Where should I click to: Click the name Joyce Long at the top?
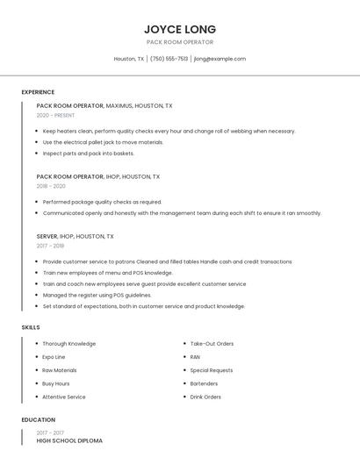180,29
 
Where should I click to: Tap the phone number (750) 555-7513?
169,59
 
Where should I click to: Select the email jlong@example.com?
220,59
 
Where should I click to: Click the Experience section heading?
38,92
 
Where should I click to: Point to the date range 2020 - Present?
55,115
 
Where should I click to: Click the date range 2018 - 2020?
51,186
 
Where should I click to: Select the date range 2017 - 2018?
51,246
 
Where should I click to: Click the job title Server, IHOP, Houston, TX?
75,236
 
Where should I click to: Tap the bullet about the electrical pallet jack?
103,142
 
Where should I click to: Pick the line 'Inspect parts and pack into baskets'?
88,153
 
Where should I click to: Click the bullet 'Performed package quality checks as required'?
102,202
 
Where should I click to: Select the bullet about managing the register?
97,296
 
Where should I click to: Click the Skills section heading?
31,327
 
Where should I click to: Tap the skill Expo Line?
54,357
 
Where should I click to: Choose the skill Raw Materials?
59,370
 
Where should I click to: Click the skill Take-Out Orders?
212,344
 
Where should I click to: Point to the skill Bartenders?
205,383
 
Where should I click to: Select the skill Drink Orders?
205,397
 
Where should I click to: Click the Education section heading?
38,419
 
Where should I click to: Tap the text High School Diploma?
69,440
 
